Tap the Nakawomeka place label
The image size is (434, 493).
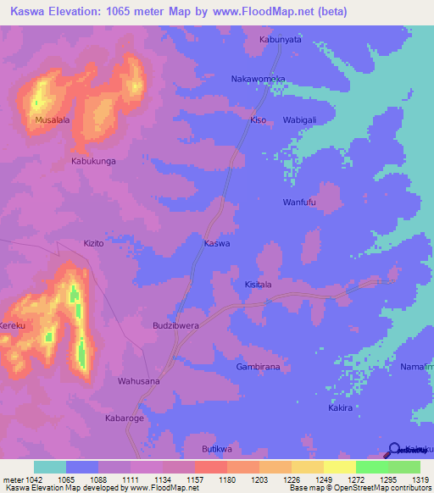(x=259, y=79)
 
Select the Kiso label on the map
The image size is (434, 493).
(x=258, y=120)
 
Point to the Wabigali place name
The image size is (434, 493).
(x=299, y=120)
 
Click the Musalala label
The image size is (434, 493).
(x=52, y=120)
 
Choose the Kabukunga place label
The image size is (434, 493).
(x=93, y=160)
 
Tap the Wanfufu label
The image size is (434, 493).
(x=299, y=202)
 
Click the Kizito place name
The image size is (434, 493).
(x=93, y=243)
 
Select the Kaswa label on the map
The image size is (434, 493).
(x=217, y=243)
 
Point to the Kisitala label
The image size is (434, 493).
(x=258, y=285)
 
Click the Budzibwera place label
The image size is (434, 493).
(x=175, y=325)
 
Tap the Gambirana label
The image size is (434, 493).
(x=258, y=367)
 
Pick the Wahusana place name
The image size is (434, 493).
(x=138, y=381)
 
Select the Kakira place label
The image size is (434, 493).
(x=340, y=408)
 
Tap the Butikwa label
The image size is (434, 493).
(x=217, y=449)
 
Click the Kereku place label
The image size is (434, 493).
(x=13, y=325)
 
